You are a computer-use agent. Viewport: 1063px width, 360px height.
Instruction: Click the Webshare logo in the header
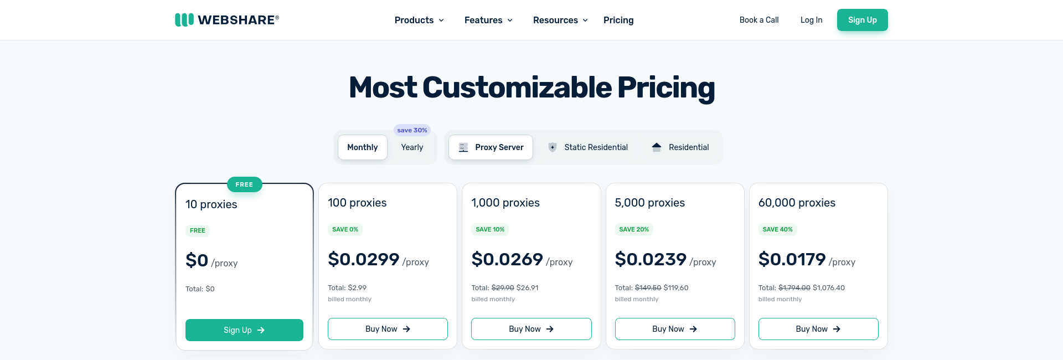(227, 20)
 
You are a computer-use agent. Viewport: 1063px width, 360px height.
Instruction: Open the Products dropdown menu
(419, 20)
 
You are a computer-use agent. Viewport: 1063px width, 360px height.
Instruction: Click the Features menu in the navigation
(488, 20)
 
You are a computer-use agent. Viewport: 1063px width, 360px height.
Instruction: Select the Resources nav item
(560, 20)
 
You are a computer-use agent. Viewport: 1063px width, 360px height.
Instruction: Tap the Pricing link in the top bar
(618, 20)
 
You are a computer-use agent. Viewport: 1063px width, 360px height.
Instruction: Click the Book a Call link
(758, 20)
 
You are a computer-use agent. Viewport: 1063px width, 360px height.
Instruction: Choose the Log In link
(811, 20)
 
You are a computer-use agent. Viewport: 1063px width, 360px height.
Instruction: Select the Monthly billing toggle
(362, 147)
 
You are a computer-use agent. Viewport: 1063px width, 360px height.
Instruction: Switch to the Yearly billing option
(412, 147)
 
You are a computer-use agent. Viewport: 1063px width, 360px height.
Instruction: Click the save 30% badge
(412, 130)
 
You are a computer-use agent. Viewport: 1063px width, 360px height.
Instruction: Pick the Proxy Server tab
(491, 147)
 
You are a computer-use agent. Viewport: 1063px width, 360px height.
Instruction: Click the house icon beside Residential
(657, 147)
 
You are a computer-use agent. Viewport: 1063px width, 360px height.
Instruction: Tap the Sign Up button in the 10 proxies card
(244, 330)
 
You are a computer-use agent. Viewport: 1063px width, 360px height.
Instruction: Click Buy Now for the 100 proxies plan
(388, 329)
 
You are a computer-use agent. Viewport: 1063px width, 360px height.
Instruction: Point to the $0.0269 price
(507, 259)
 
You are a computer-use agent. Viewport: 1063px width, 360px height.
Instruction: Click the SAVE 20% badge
(634, 229)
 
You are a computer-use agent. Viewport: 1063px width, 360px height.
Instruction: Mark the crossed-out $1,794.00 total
(794, 288)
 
